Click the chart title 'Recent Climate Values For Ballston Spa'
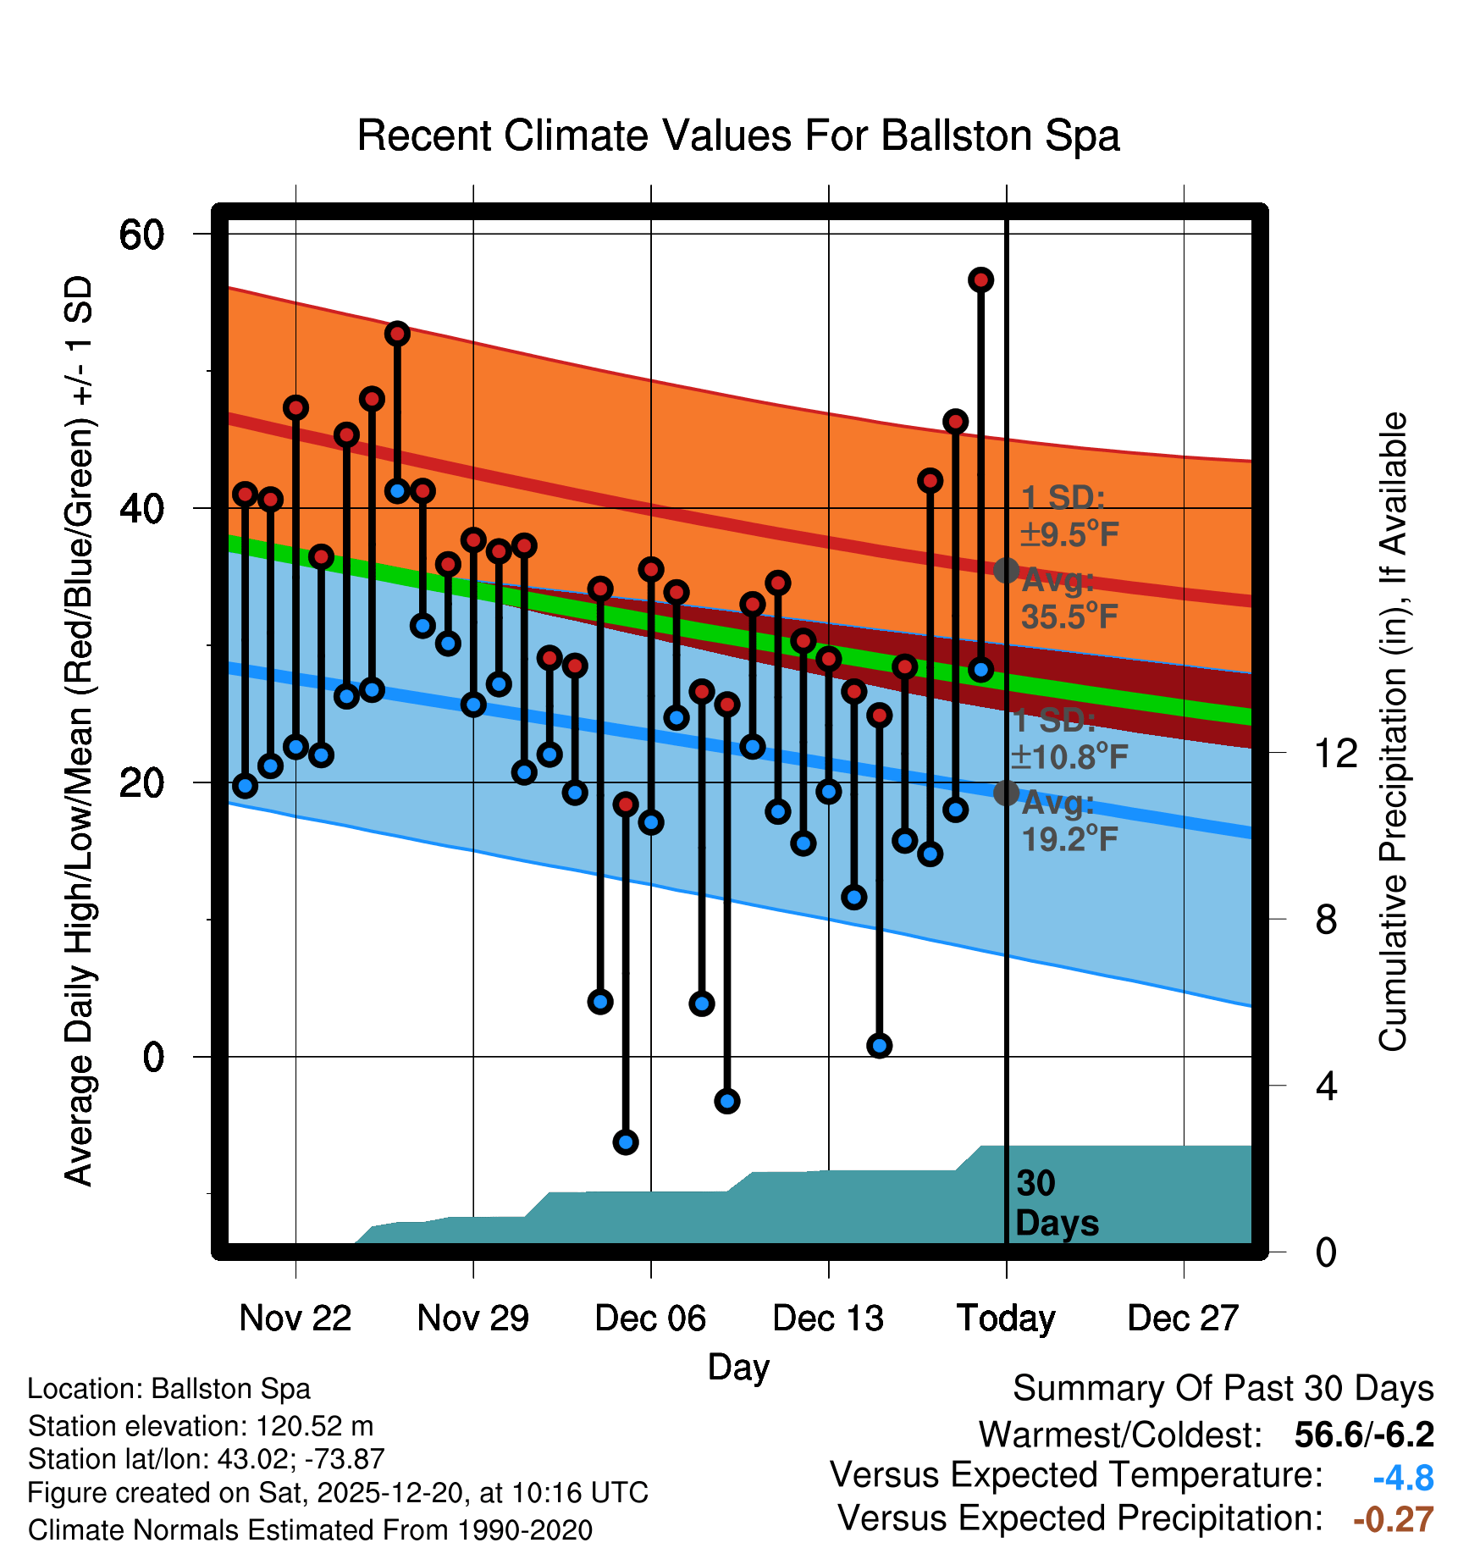coord(738,135)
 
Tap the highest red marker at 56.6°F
coord(980,279)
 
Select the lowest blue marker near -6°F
coord(626,1142)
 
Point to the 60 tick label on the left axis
coord(141,235)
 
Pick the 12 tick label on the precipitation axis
coord(1336,753)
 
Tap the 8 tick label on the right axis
coord(1326,920)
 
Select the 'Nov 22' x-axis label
coord(295,1318)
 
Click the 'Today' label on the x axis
coord(1006,1318)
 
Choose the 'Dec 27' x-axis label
coord(1183,1318)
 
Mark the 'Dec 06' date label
coord(650,1318)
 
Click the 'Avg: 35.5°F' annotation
coord(1069,599)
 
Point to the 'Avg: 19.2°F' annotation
coord(1069,821)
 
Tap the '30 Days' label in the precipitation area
coord(1056,1203)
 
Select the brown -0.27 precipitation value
coord(1393,1519)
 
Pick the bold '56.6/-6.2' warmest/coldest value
coord(1364,1435)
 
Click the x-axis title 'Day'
coord(738,1367)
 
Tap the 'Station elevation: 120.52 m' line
coord(201,1426)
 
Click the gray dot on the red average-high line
coord(1006,570)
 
